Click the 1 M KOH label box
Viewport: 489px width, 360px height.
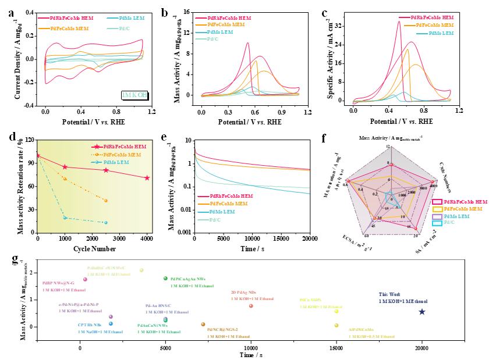coord(134,95)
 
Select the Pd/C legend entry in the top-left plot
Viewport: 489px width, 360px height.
coord(124,28)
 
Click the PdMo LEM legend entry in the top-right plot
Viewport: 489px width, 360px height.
coord(441,33)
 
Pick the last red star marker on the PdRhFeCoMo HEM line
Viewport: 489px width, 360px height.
coord(147,177)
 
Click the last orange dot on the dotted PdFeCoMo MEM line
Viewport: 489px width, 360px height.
coord(106,200)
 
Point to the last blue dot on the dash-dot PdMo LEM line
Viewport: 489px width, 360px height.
coord(106,222)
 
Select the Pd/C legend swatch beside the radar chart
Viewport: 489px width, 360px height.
coord(437,223)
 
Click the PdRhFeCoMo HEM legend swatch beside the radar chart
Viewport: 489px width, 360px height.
coord(437,201)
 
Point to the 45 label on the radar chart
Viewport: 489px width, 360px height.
coord(373,226)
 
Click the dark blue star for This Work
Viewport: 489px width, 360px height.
coord(422,312)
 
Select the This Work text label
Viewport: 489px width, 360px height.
coord(390,294)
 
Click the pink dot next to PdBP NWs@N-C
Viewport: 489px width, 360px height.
coord(86,279)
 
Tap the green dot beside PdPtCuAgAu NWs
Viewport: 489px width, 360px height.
coord(166,279)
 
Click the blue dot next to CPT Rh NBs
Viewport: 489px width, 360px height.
coord(111,323)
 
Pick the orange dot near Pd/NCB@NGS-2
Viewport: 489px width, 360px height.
coord(203,324)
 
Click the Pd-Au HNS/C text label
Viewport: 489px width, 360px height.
coord(158,305)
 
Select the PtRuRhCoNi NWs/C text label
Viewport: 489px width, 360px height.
coord(107,268)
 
